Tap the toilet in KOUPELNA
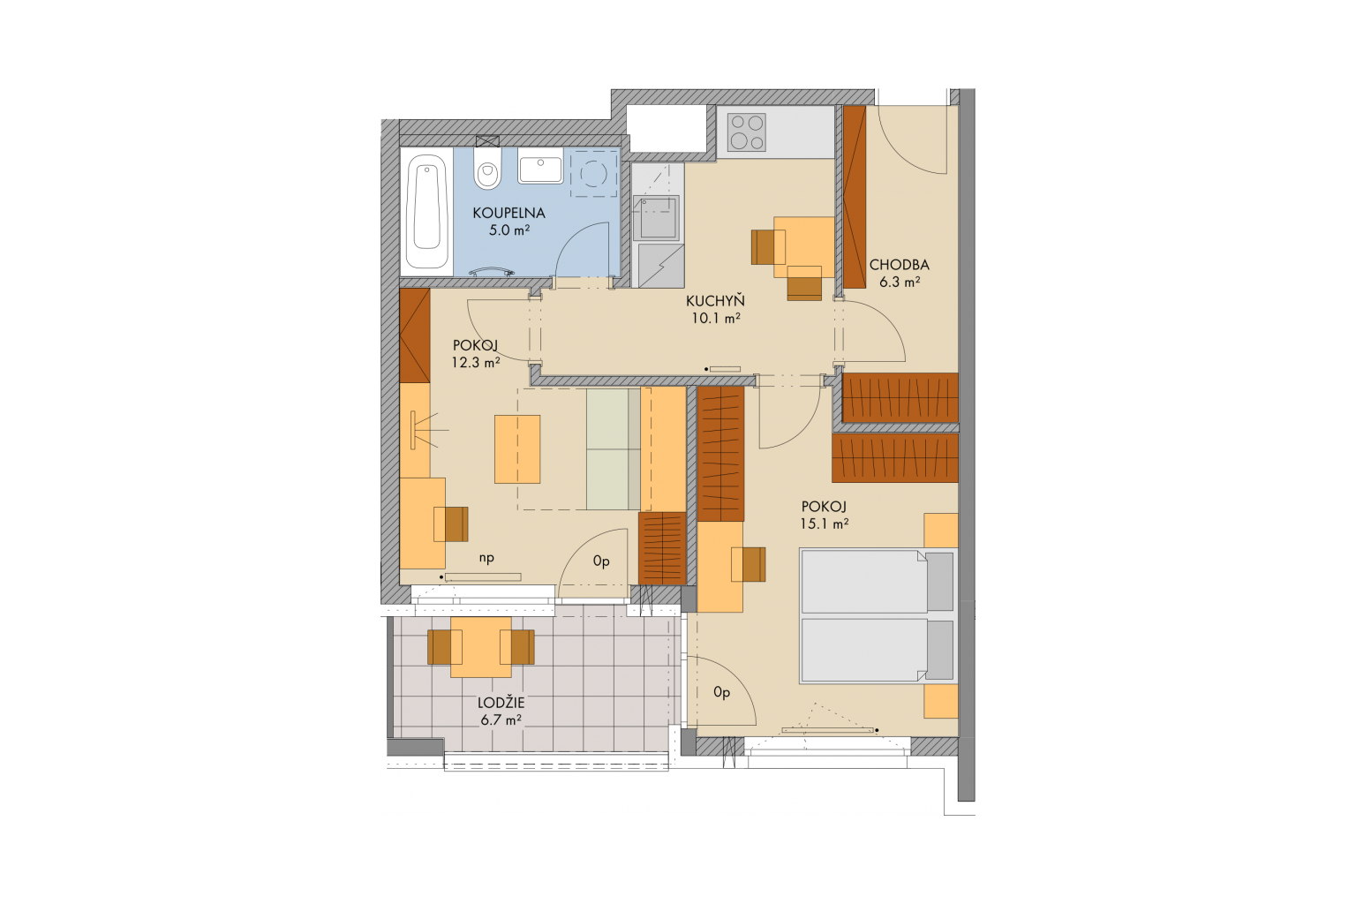[487, 169]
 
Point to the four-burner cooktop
[746, 132]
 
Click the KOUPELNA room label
[508, 213]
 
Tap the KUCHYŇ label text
[715, 301]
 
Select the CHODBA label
[899, 265]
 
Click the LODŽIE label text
[501, 703]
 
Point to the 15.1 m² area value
[824, 524]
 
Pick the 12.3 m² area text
[475, 362]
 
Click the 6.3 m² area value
[900, 282]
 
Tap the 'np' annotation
[486, 558]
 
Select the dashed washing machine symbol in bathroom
[593, 173]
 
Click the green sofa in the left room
[614, 448]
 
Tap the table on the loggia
[480, 647]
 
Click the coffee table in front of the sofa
[517, 448]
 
